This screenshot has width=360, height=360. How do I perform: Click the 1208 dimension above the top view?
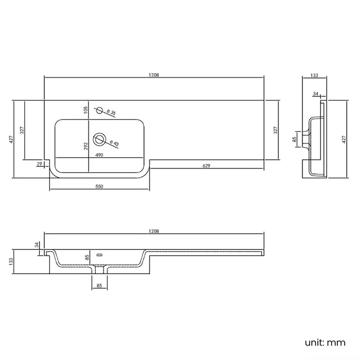coord(154,75)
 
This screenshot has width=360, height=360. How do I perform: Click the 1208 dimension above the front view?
coord(154,231)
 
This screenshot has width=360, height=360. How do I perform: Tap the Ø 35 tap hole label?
coord(111,112)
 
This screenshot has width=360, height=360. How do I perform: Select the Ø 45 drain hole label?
coord(114,143)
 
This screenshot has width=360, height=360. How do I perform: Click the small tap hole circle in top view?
coord(99,110)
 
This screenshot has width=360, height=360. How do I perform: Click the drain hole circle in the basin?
coord(99,140)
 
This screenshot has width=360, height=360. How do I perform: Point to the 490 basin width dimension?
coord(99,155)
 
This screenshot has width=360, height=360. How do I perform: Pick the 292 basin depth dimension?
coord(86,146)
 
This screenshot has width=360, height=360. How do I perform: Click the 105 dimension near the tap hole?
coord(86,110)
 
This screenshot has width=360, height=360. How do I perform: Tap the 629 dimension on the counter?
coord(207,166)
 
